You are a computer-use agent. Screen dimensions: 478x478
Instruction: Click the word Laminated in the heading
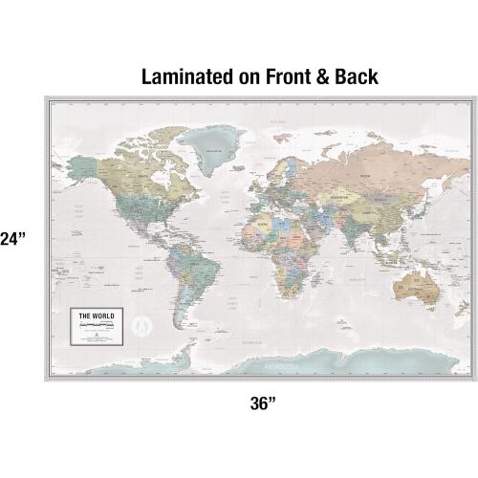coord(181,76)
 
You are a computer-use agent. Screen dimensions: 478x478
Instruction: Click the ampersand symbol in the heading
coord(318,76)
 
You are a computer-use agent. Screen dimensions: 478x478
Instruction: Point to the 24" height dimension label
coord(12,239)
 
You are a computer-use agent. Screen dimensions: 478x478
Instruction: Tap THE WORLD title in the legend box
coord(96,315)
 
